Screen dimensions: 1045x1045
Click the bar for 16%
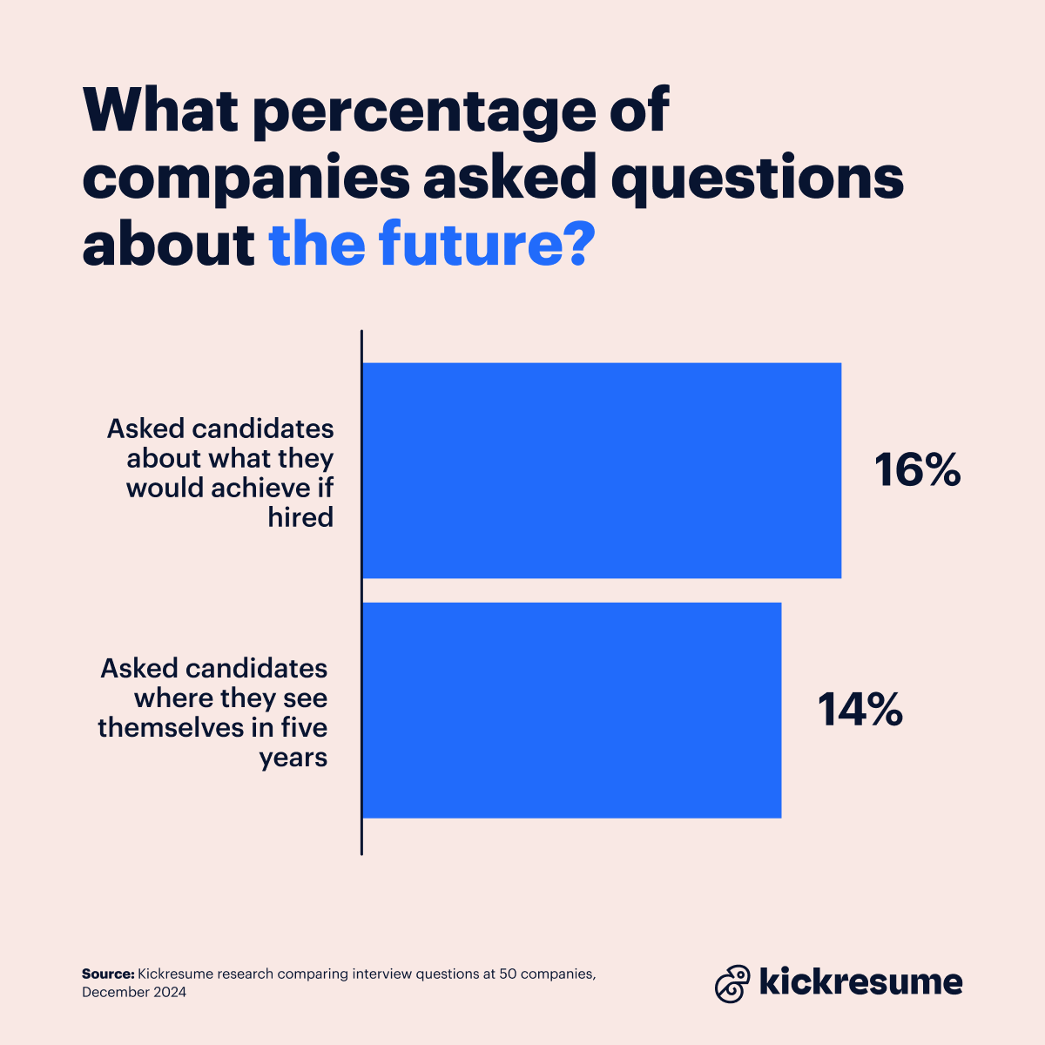pyautogui.click(x=601, y=470)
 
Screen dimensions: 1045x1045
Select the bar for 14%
pyautogui.click(x=571, y=710)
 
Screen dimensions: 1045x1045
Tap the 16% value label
pyautogui.click(x=917, y=470)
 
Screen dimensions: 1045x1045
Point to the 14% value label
pyautogui.click(x=860, y=710)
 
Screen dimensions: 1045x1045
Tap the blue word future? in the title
pyautogui.click(x=488, y=246)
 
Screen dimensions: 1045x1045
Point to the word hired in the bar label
pyautogui.click(x=300, y=517)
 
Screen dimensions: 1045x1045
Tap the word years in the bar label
pyautogui.click(x=293, y=757)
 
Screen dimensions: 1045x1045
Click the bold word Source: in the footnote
pyautogui.click(x=108, y=974)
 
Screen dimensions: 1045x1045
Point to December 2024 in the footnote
pyautogui.click(x=134, y=992)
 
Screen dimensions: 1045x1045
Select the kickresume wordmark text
pyautogui.click(x=861, y=982)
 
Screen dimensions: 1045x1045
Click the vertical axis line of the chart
pyautogui.click(x=361, y=592)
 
